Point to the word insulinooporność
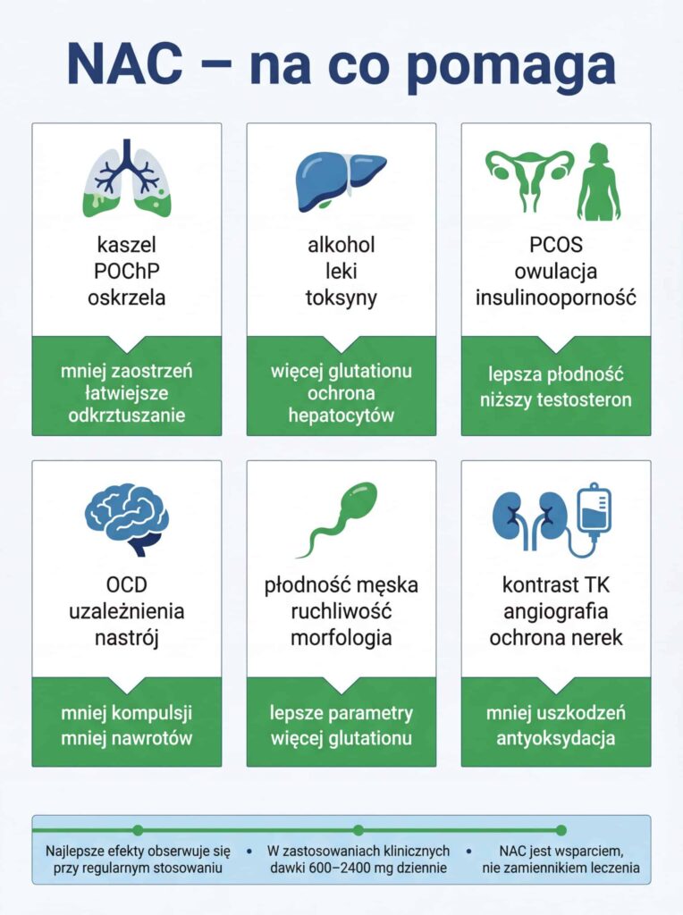point(555,298)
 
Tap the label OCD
point(126,586)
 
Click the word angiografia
point(555,612)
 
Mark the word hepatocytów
point(341,416)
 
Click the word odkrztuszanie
point(126,416)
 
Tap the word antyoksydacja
point(555,739)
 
